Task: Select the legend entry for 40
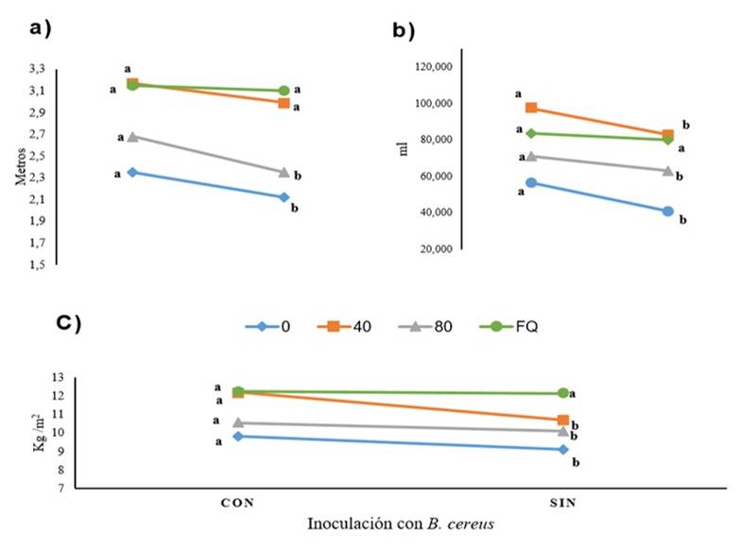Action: [x=359, y=326]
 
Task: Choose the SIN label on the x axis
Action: [x=564, y=504]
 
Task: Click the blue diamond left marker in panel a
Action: [x=132, y=172]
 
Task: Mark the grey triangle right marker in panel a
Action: [x=284, y=172]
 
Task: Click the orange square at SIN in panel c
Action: [x=563, y=420]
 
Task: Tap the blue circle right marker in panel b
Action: [x=668, y=211]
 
